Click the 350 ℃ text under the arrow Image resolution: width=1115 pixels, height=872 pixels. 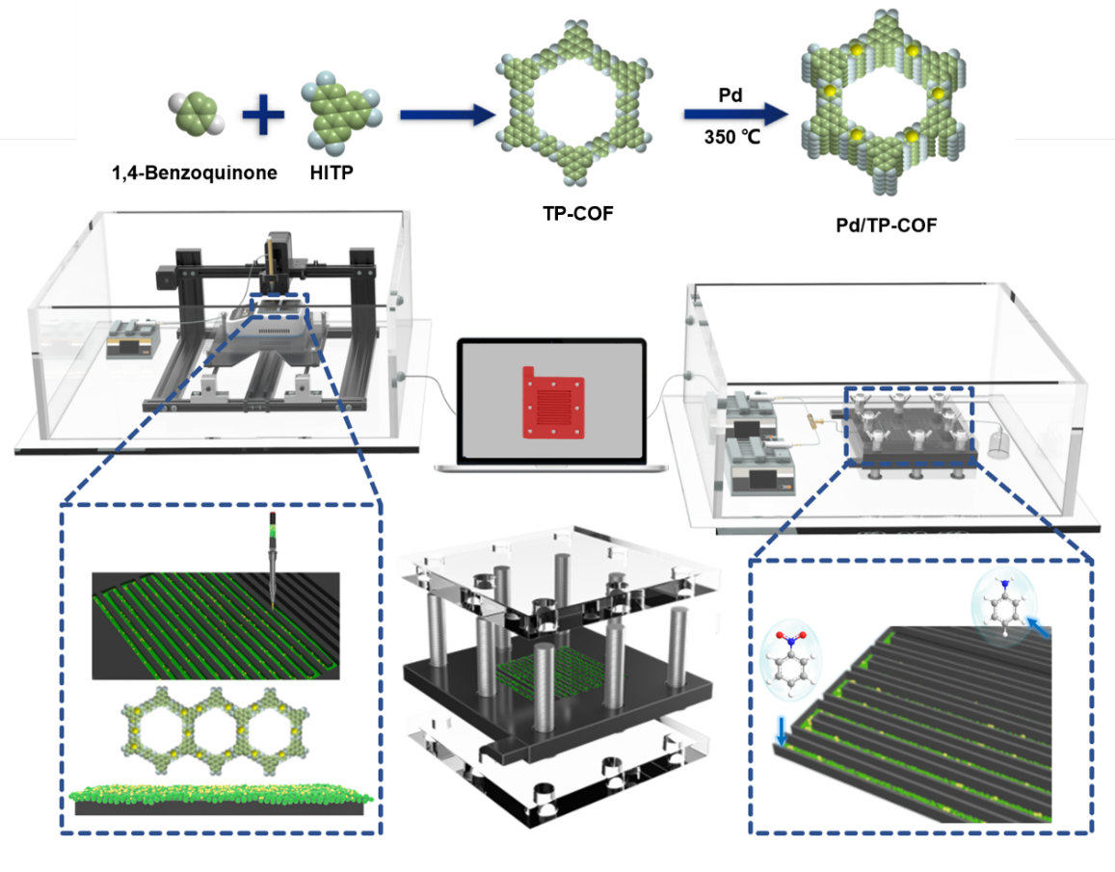[x=731, y=138]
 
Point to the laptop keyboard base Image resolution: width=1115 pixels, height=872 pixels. [x=550, y=466]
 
